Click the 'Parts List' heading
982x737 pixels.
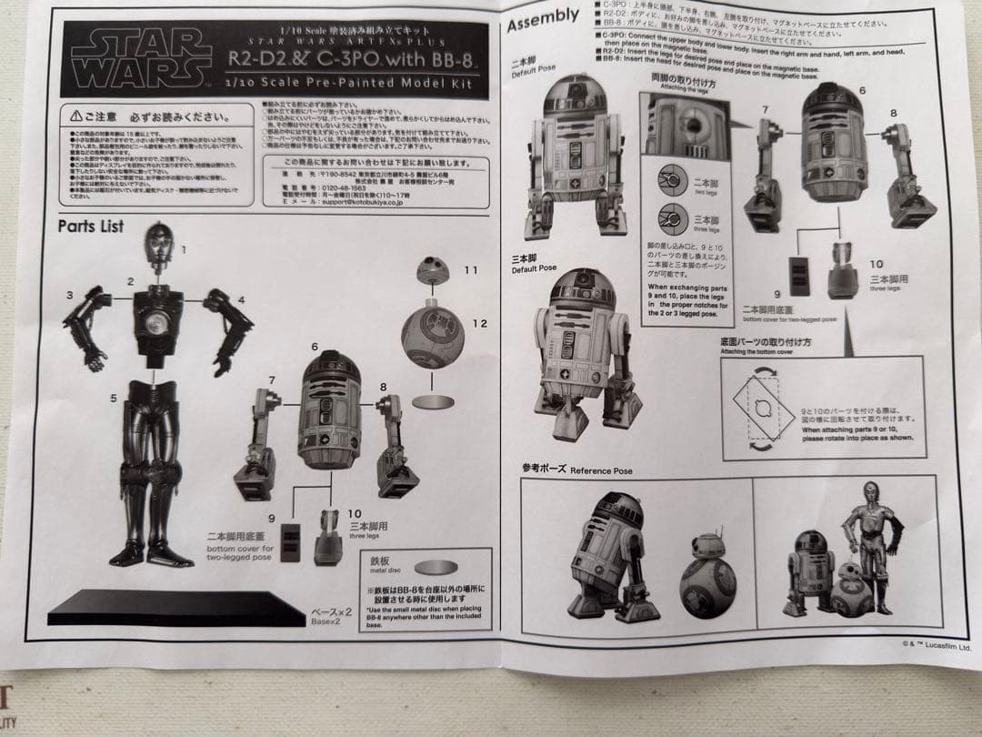91,226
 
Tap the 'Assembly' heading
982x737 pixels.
543,18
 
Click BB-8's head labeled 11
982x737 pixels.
433,271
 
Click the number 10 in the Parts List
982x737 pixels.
354,513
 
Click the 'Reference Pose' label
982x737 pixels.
577,469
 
